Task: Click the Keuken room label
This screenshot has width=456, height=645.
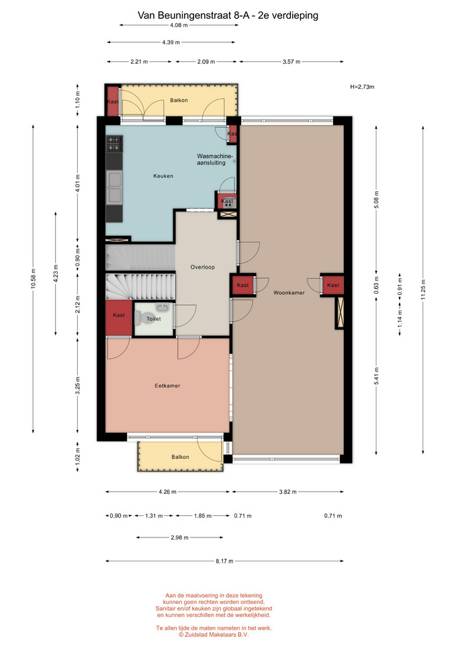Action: tap(163, 176)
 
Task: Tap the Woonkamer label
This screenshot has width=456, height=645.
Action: tap(289, 293)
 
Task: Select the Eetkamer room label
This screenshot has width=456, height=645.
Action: tap(167, 386)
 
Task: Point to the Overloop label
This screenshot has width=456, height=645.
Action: tap(202, 267)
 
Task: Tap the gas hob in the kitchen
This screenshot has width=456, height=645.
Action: tap(114, 144)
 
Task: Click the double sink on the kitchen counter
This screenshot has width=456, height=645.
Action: tap(114, 187)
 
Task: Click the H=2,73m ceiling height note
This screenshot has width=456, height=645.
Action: tap(362, 87)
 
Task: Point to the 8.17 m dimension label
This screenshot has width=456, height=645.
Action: tap(224, 561)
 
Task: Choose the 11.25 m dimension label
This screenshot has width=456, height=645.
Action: tap(423, 290)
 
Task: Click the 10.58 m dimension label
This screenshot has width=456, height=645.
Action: tap(34, 278)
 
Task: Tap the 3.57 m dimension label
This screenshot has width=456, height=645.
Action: tap(291, 62)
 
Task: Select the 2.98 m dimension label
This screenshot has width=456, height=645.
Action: tap(180, 537)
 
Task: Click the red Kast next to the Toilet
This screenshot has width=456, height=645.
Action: tap(118, 318)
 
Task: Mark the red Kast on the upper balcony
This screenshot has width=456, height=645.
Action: tap(113, 101)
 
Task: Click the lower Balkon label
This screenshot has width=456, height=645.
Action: tap(180, 457)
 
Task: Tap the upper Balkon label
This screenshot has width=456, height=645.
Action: tap(179, 100)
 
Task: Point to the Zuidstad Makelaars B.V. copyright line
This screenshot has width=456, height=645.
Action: tap(214, 635)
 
